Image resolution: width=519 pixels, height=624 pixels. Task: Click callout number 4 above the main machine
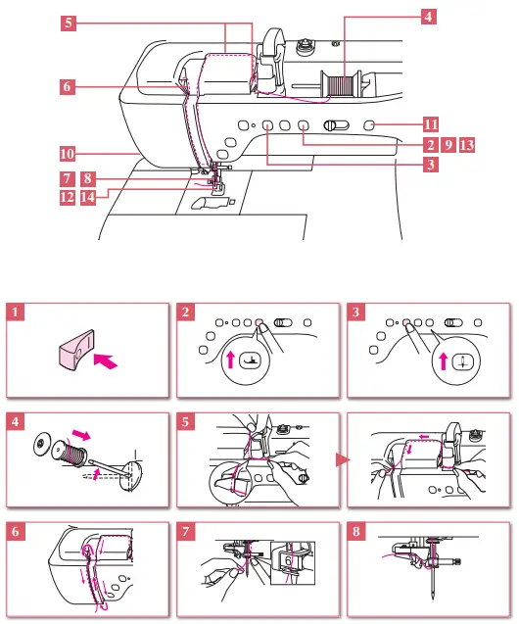point(429,17)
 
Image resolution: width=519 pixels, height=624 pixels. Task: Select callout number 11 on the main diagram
point(430,124)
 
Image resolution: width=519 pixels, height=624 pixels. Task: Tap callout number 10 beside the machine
point(67,154)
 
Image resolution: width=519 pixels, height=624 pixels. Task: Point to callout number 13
point(467,145)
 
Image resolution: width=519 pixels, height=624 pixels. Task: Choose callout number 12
point(67,196)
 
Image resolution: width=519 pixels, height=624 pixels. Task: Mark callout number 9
point(448,145)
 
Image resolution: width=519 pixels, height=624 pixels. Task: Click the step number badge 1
point(15,313)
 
